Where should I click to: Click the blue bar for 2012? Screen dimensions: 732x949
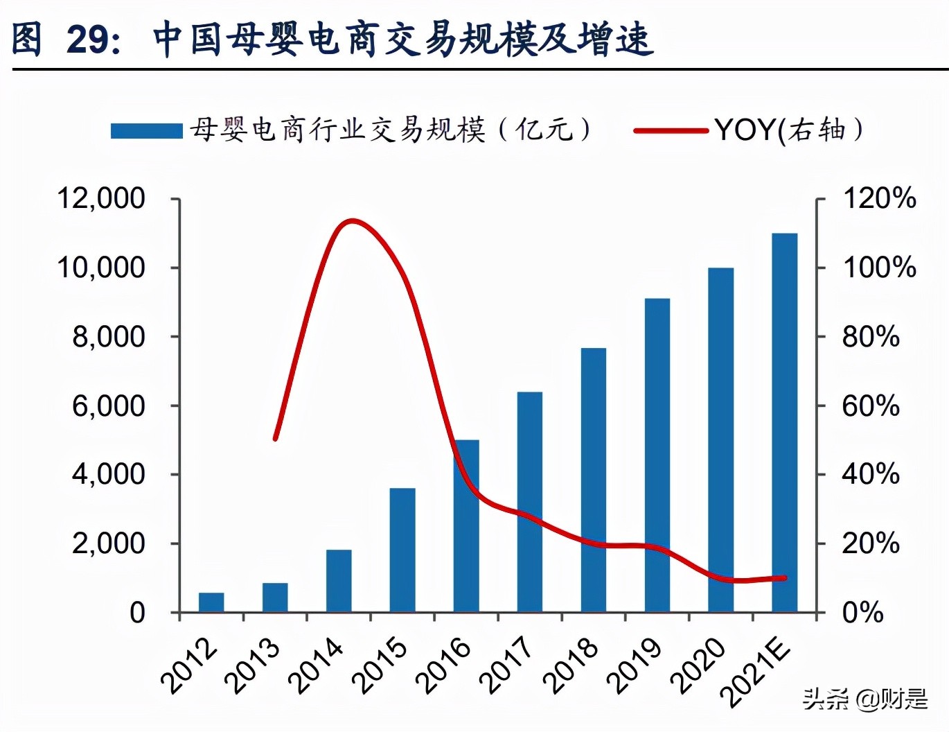(211, 602)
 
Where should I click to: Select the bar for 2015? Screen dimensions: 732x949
(402, 550)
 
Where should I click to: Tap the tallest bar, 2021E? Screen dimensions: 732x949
(785, 423)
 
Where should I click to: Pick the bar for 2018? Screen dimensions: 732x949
(594, 480)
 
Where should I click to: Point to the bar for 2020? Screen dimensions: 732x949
(721, 439)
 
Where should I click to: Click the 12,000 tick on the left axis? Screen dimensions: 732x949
(101, 199)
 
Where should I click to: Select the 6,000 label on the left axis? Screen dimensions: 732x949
(109, 406)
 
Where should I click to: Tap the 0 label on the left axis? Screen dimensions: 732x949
(137, 613)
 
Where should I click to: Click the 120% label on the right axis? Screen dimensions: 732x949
(879, 199)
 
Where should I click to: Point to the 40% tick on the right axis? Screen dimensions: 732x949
(871, 474)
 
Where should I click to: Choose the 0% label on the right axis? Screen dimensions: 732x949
(862, 613)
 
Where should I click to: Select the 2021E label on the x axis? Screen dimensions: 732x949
(755, 672)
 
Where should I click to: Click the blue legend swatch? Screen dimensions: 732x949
(146, 130)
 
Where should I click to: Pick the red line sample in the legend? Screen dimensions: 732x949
(671, 130)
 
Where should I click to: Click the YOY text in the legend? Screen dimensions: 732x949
(745, 130)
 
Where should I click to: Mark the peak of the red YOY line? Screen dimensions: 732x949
(352, 222)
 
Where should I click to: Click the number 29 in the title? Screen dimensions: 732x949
(87, 39)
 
